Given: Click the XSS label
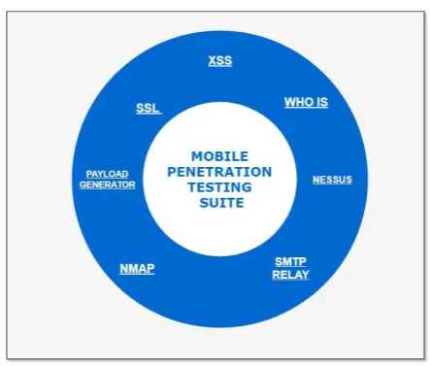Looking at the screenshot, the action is (x=220, y=60).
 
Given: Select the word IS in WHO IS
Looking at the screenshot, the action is (x=321, y=102).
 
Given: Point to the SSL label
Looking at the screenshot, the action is (x=148, y=108).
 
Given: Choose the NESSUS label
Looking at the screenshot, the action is (x=332, y=180).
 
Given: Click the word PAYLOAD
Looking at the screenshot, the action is (x=107, y=174).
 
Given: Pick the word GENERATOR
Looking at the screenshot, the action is (x=108, y=184).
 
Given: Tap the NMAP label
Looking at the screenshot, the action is (x=137, y=269).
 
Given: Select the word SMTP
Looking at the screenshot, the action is (x=290, y=261).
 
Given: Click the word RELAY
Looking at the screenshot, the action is (x=290, y=275).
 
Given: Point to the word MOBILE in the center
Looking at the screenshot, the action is (x=220, y=156).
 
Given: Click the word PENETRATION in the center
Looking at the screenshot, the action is (x=219, y=172).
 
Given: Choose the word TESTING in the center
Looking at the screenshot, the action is (x=220, y=187).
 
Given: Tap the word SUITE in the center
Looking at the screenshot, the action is (x=222, y=203).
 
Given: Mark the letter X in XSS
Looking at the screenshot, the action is (x=213, y=60).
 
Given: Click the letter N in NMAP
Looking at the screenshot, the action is (x=124, y=269).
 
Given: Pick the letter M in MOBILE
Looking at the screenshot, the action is (x=197, y=156).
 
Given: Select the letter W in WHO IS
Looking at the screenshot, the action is (x=290, y=102).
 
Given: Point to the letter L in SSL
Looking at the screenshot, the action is (x=155, y=108).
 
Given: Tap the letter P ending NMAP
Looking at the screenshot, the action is (x=151, y=269).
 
